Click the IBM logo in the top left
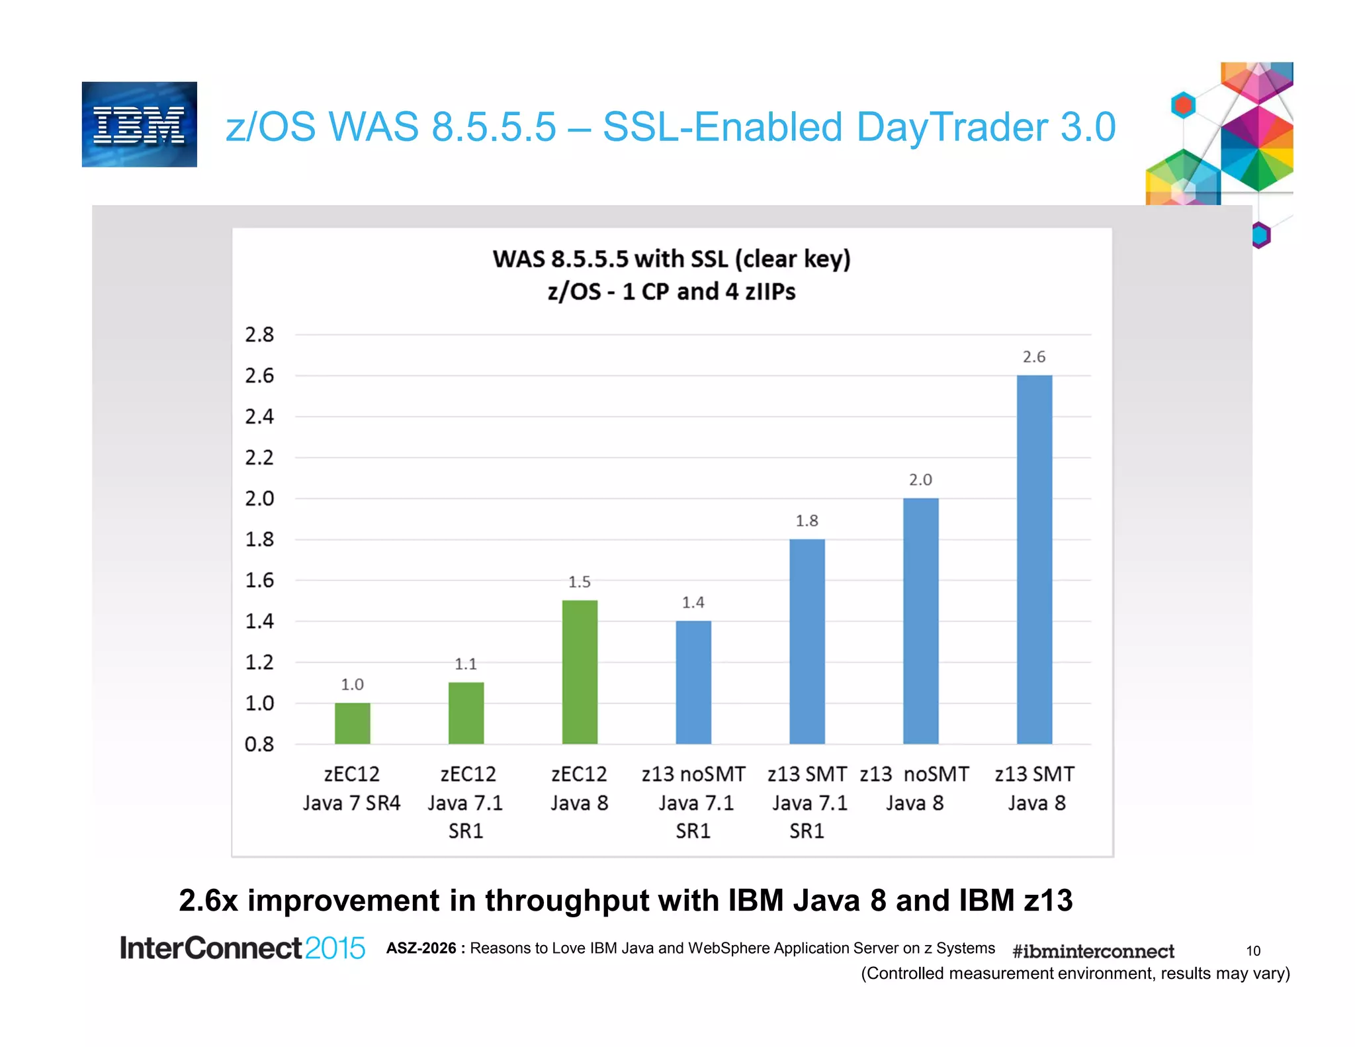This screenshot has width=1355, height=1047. point(139,124)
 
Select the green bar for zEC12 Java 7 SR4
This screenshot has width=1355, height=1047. point(352,723)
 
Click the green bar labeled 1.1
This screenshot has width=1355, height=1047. point(466,713)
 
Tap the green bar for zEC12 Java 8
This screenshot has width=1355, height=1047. point(580,672)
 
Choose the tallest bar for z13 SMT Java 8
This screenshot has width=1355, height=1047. point(1034,559)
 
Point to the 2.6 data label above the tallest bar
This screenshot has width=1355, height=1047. point(1034,357)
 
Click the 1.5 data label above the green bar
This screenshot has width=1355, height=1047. point(580,582)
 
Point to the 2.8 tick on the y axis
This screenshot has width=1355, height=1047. point(259,335)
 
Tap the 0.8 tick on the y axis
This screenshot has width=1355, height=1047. point(259,745)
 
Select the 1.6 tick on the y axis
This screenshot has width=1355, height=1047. point(259,580)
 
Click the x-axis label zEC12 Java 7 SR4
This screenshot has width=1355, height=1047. point(352,788)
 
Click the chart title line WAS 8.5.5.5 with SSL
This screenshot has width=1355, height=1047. point(672,259)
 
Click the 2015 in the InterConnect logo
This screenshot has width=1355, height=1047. point(335,948)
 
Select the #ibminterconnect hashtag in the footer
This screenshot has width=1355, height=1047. point(1093,951)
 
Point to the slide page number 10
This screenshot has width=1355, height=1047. point(1253,951)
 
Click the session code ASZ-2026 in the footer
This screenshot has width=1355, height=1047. point(421,948)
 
